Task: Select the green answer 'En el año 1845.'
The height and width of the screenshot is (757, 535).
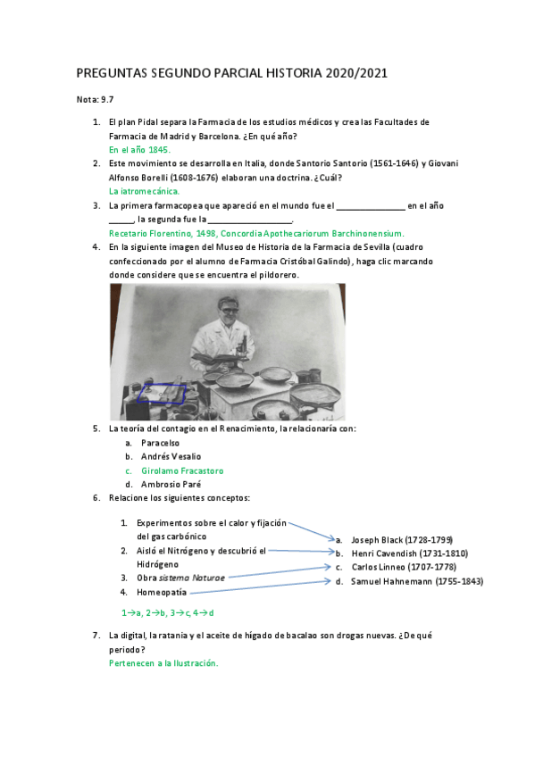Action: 138,150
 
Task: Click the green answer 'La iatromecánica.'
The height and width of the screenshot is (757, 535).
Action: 144,191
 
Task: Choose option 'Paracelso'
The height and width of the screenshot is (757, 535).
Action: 160,443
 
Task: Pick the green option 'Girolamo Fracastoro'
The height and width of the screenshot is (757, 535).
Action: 182,470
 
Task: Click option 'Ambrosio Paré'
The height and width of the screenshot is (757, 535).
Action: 170,484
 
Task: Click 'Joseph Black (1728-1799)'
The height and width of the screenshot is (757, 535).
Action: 402,539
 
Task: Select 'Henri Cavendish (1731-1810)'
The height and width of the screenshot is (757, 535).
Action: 409,553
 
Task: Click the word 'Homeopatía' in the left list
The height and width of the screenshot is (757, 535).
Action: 162,592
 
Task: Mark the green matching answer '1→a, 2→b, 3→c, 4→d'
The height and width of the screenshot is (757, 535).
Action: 168,613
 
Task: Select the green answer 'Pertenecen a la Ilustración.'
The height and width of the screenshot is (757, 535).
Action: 163,663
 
